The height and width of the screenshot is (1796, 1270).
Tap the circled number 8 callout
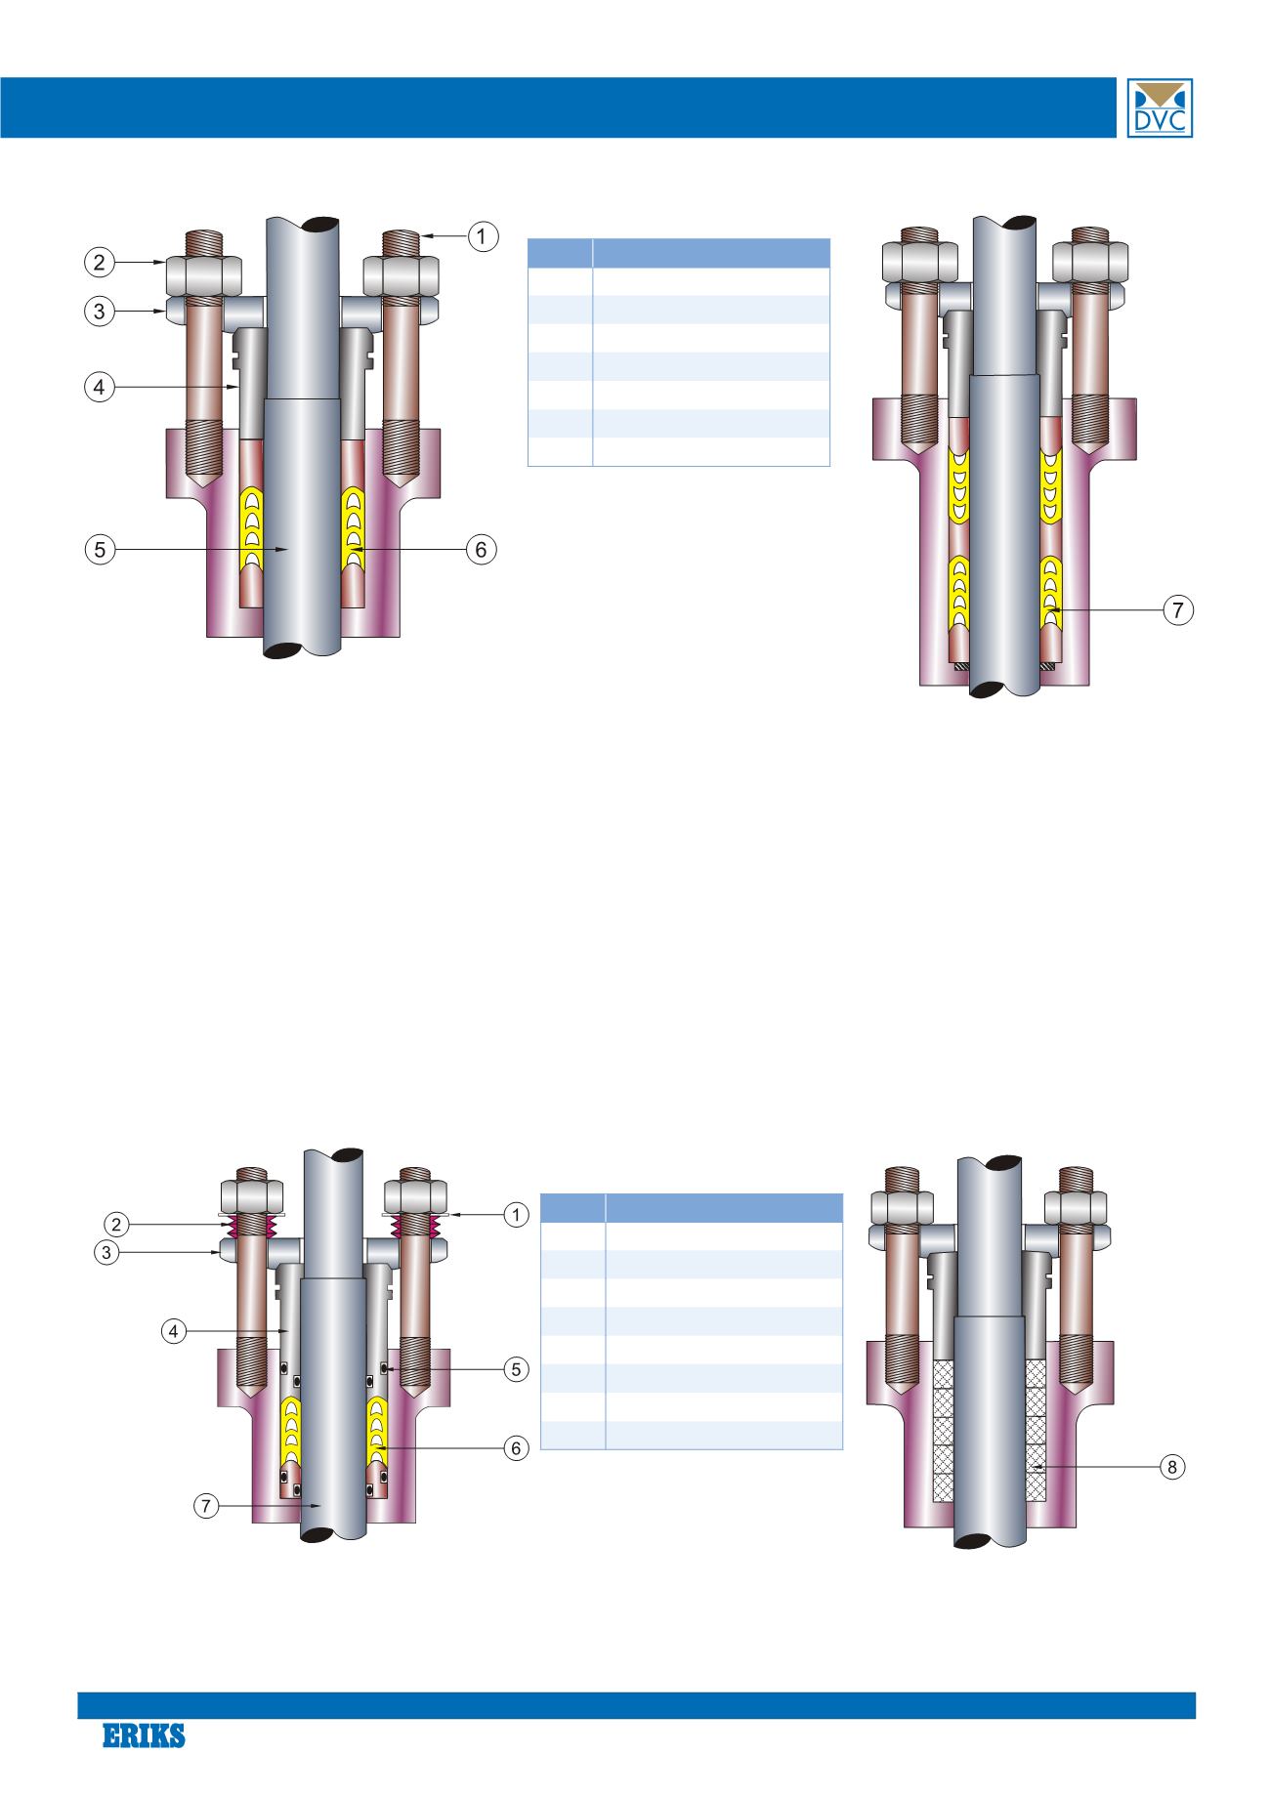click(x=1171, y=1466)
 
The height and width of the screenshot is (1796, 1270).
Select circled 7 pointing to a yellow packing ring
click(x=1178, y=610)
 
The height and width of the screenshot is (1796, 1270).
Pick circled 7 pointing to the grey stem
click(x=205, y=1506)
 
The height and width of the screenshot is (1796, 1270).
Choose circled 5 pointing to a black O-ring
click(x=515, y=1369)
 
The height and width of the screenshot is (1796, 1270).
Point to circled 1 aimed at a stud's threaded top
click(x=482, y=235)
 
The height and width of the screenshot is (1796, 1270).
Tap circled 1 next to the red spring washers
click(x=515, y=1214)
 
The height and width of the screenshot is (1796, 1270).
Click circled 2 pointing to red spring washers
click(x=116, y=1224)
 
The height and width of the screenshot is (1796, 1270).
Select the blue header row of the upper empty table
click(x=678, y=253)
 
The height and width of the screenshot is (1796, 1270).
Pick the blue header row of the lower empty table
click(x=691, y=1207)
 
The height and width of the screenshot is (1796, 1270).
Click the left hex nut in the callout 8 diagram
click(x=897, y=1208)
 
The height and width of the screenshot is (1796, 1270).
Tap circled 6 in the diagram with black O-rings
click(x=515, y=1447)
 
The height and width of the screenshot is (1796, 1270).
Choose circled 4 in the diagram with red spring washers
click(x=173, y=1330)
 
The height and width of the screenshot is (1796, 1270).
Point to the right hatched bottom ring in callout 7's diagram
click(x=1047, y=666)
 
